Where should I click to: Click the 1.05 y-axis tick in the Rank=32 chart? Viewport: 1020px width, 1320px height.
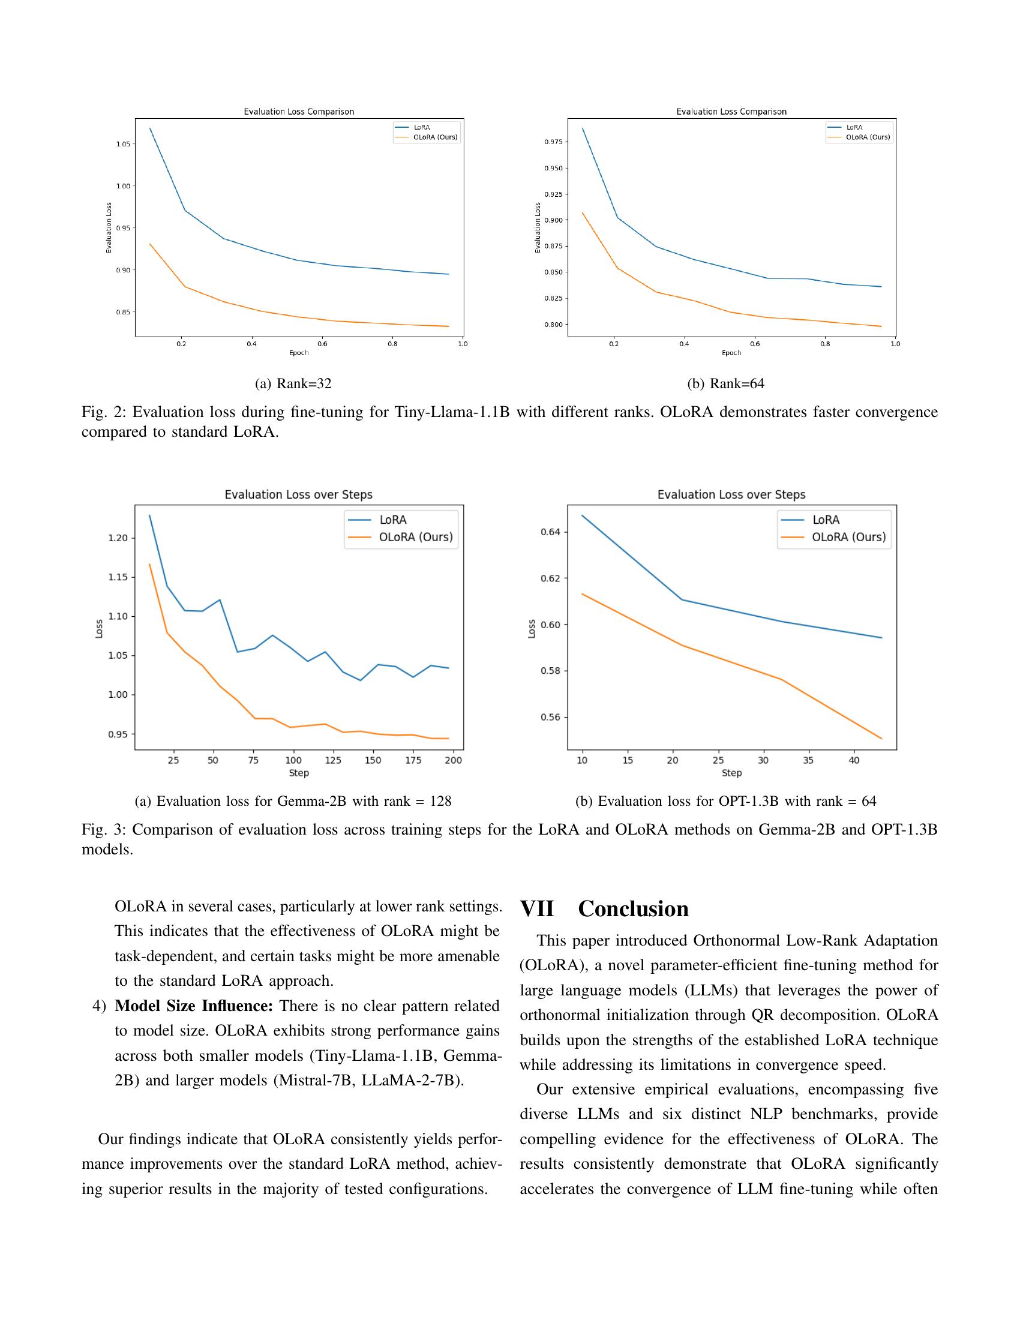point(122,144)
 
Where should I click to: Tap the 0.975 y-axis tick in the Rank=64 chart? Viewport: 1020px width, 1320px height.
point(554,142)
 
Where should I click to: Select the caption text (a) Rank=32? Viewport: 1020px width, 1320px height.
point(293,384)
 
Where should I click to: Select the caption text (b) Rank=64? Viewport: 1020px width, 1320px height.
point(726,384)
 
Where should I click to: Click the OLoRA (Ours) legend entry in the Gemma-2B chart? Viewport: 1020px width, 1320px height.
point(415,538)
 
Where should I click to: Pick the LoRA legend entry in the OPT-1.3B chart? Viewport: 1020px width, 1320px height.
point(826,520)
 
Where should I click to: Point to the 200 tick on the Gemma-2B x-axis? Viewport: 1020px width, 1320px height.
point(453,760)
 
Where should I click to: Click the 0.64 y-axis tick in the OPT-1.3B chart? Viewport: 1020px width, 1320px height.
point(550,532)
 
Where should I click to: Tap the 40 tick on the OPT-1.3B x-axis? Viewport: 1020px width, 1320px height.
point(854,760)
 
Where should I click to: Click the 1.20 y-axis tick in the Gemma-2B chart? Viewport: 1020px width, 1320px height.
point(118,538)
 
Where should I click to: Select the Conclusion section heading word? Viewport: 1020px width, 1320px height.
point(632,909)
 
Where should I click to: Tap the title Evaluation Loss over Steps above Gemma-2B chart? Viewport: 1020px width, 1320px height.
point(299,494)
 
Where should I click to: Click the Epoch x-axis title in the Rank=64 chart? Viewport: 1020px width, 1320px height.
point(731,353)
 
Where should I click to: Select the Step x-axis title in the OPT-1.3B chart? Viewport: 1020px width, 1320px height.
point(731,773)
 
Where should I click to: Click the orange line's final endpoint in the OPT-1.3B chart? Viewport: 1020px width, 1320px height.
point(881,739)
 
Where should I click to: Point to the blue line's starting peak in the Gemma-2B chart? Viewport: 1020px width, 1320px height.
point(150,515)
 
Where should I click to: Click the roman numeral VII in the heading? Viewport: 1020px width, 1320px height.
point(536,909)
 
